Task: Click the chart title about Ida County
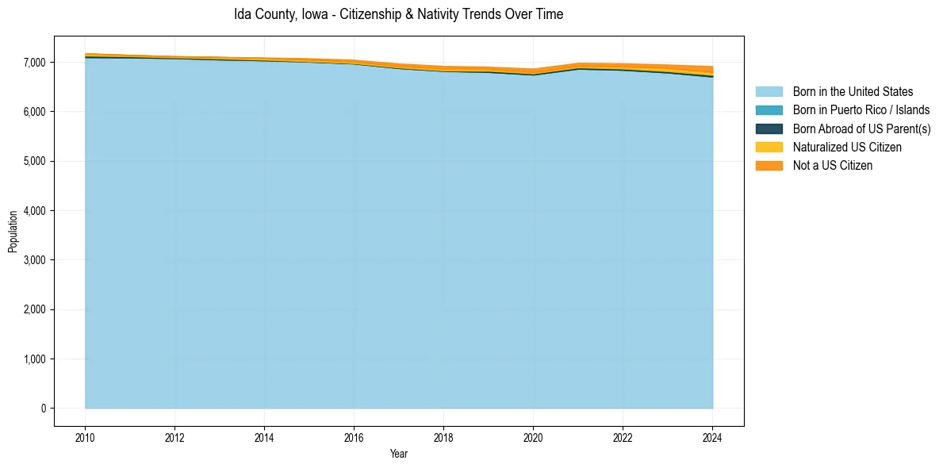[398, 14]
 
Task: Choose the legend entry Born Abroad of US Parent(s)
[861, 129]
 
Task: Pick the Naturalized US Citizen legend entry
[847, 148]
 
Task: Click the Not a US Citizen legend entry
[832, 166]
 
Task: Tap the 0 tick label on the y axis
[43, 409]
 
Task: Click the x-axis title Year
[399, 454]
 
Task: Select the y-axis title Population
[13, 232]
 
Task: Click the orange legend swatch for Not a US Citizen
[769, 166]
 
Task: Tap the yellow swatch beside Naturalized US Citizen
[769, 148]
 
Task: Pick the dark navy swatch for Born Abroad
[769, 129]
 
